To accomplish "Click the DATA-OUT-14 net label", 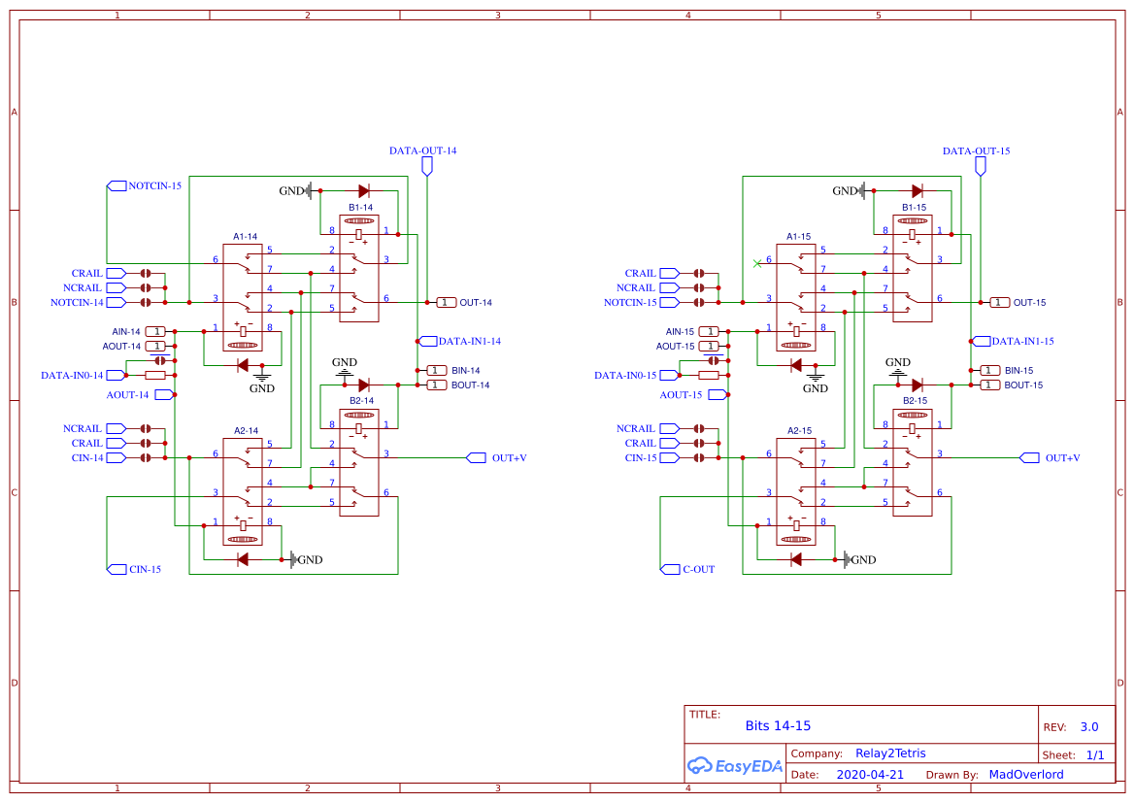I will point(422,151).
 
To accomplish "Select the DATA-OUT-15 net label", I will point(976,151).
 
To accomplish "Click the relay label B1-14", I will point(360,207).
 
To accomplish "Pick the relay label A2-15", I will point(799,430).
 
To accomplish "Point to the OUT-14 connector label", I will point(475,303).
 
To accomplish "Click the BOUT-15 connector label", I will point(1023,385).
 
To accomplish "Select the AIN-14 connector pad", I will point(156,331).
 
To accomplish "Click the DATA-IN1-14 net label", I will point(469,342).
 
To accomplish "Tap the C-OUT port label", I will point(698,570).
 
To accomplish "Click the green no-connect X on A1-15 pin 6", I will point(757,263).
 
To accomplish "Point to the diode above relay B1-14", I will point(364,191).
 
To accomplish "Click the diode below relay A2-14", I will point(242,559).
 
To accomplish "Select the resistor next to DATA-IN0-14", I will point(155,375).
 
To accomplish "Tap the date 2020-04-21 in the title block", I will point(870,775).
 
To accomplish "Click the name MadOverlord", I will point(1025,775).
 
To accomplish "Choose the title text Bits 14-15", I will point(778,726).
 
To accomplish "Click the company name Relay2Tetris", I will point(890,753).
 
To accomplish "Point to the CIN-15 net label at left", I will point(145,570).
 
